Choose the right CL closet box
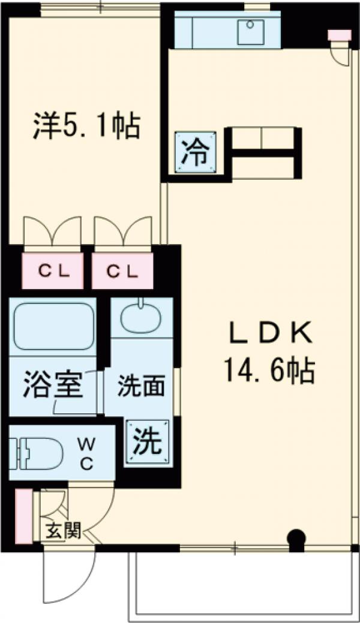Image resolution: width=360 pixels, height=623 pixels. coord(122,270)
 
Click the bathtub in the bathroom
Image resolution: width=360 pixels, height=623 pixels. coord(53,326)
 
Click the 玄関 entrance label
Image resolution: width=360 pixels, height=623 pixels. coord(62,531)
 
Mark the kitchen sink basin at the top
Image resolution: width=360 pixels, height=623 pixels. coord(251,32)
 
